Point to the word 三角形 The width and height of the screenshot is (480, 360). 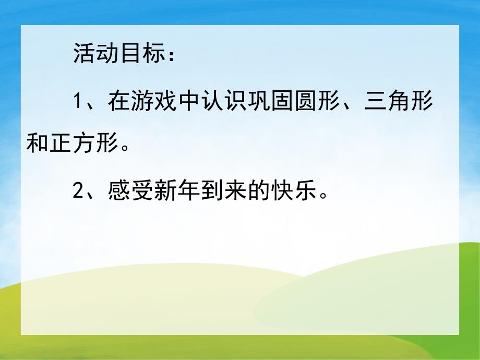[x=400, y=101]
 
